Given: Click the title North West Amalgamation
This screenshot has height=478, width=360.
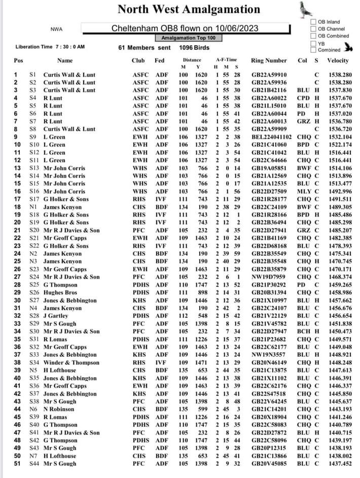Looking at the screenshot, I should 189,9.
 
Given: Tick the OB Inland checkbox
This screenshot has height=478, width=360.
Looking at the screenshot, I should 313,22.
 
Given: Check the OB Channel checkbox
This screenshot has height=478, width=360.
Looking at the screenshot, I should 313,29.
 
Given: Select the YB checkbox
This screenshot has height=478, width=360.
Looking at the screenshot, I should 313,43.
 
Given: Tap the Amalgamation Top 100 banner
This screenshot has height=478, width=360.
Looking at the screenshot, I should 188,38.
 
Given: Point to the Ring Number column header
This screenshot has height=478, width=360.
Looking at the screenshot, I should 269,61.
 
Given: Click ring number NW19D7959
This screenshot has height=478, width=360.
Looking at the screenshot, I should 267,277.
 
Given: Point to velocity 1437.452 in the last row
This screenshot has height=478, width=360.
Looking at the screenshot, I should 339,464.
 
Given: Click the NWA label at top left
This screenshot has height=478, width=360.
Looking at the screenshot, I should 56,29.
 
